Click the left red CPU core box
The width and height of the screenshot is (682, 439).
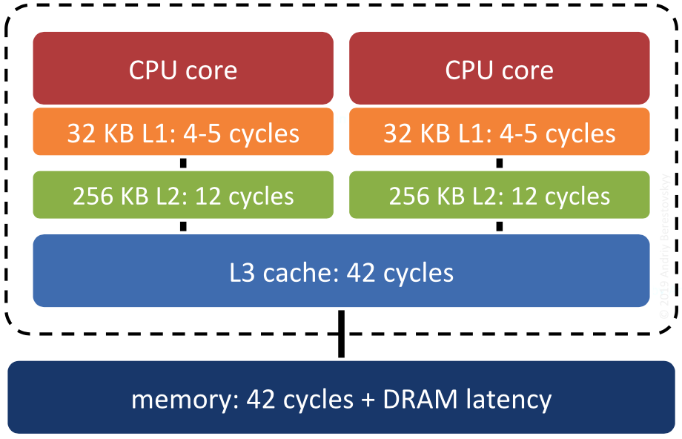pyautogui.click(x=183, y=68)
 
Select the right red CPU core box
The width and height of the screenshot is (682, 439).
pyautogui.click(x=499, y=68)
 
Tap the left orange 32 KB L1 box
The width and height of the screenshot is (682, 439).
pyautogui.click(x=183, y=132)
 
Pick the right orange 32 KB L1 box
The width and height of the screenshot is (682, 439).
pyautogui.click(x=499, y=132)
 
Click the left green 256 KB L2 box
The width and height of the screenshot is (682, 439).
pyautogui.click(x=183, y=196)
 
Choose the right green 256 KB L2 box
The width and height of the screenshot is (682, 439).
pyautogui.click(x=499, y=196)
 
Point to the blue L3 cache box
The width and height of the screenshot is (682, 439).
pyautogui.click(x=341, y=271)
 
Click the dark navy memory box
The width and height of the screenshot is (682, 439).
pyautogui.click(x=341, y=398)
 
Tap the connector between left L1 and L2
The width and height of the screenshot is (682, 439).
pyautogui.click(x=183, y=163)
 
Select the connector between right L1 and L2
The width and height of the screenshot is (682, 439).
pyautogui.click(x=499, y=163)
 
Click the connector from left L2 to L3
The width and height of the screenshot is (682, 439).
pyautogui.click(x=183, y=226)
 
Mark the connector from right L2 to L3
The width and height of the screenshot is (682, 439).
pyautogui.click(x=499, y=226)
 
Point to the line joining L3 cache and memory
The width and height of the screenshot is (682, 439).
pyautogui.click(x=341, y=334)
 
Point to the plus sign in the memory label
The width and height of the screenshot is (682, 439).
pyautogui.click(x=367, y=400)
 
